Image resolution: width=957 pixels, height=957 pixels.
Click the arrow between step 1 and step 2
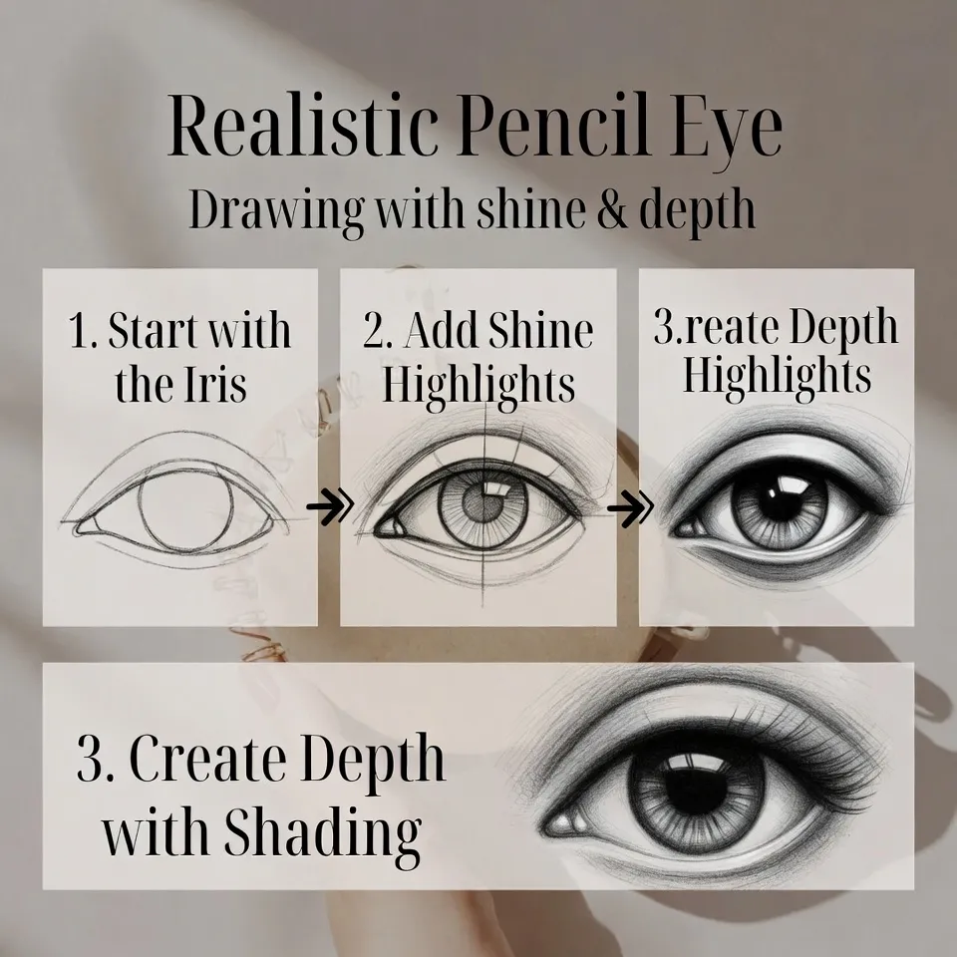(x=329, y=509)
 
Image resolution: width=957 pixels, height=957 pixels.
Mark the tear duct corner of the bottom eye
(x=565, y=822)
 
